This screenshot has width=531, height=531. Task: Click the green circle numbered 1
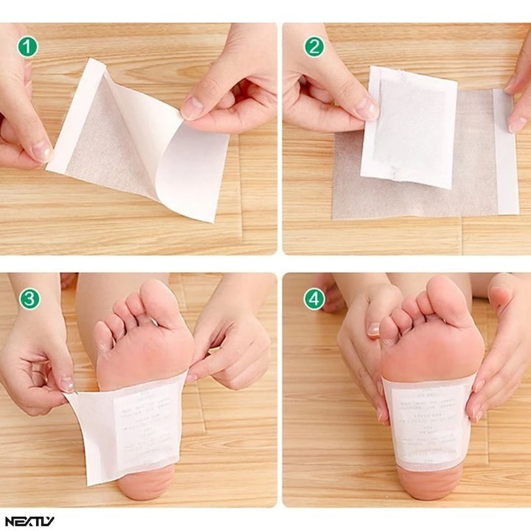point(27,46)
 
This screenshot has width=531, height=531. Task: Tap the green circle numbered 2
point(314,46)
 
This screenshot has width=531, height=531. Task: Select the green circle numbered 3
point(27,299)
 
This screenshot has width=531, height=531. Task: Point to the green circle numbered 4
point(314,299)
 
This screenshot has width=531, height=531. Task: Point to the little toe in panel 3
point(104,336)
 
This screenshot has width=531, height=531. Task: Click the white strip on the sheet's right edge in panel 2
point(506,151)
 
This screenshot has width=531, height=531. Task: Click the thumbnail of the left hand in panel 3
point(66,384)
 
